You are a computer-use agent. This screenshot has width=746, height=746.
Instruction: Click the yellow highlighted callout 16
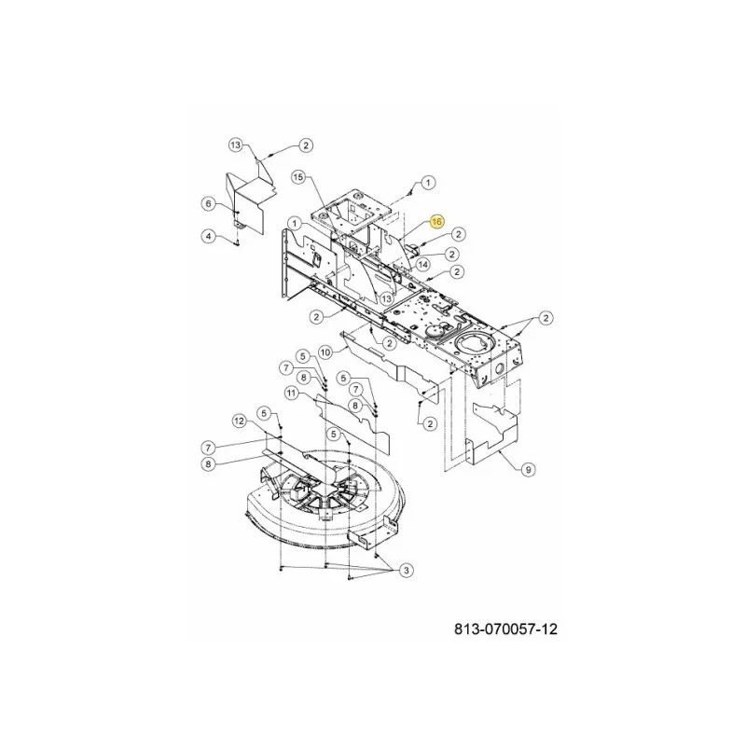click(436, 221)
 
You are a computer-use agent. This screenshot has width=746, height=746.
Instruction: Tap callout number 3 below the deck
click(406, 570)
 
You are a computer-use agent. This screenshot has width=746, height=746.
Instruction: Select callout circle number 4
click(208, 236)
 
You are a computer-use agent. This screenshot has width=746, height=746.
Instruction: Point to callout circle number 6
click(208, 204)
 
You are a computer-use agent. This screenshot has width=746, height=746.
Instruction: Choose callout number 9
click(528, 470)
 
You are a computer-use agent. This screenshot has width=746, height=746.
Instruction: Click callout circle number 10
click(325, 352)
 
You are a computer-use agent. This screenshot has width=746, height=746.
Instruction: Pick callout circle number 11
click(292, 393)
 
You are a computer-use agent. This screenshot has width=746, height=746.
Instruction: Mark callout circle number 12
click(240, 421)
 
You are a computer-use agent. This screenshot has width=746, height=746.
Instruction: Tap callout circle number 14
click(423, 265)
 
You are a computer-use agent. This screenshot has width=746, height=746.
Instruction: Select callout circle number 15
click(297, 177)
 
